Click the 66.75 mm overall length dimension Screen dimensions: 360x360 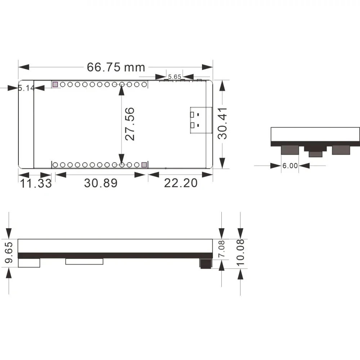click(x=116, y=67)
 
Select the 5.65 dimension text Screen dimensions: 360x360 click(x=175, y=77)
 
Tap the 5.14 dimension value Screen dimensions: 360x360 click(x=26, y=88)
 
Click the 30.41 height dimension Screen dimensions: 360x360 click(x=222, y=123)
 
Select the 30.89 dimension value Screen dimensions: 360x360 click(x=101, y=183)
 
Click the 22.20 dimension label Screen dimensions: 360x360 click(x=181, y=183)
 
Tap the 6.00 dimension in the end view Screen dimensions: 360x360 click(x=290, y=166)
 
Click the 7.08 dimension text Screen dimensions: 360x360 click(x=222, y=248)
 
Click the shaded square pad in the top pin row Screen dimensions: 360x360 click(x=55, y=85)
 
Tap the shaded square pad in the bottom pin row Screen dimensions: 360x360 click(x=144, y=165)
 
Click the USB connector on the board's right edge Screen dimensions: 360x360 click(x=200, y=120)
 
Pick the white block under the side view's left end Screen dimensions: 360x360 click(x=29, y=263)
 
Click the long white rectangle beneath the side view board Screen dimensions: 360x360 click(x=84, y=261)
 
